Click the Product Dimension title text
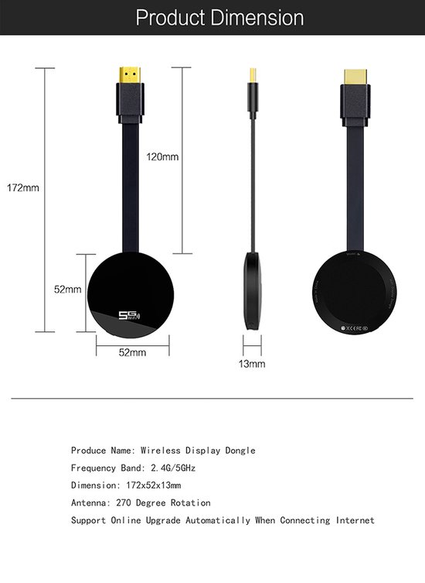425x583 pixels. coord(219,18)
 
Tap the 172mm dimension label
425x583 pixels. coord(22,187)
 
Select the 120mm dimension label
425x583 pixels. coord(162,156)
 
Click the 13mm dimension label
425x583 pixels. coord(252,362)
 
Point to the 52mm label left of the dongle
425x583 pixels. coord(67,290)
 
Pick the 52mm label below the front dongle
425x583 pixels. coord(132,352)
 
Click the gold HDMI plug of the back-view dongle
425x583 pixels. coord(357,77)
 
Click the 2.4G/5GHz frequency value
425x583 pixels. coord(175,468)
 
